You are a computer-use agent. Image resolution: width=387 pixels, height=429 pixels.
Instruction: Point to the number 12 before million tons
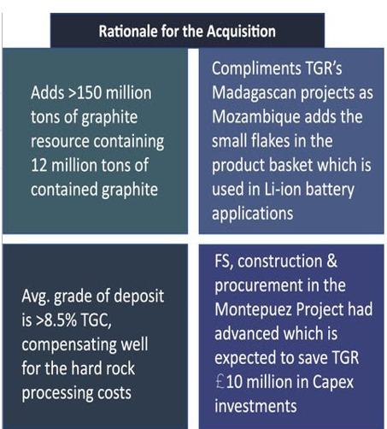(40, 141)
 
